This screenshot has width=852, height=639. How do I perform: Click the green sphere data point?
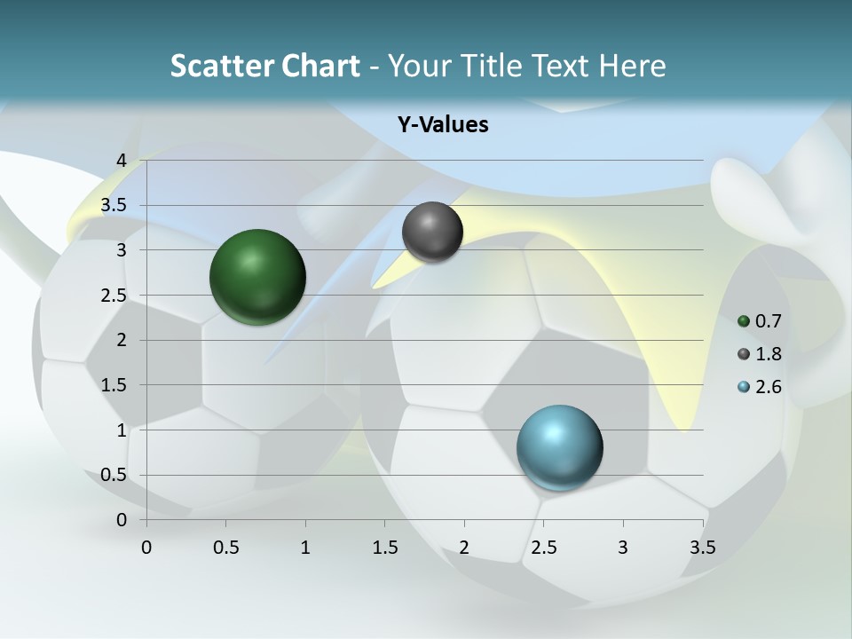[257, 277]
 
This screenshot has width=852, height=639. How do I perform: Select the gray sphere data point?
[432, 232]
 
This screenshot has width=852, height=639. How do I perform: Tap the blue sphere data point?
[559, 447]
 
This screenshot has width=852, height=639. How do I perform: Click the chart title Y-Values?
[442, 124]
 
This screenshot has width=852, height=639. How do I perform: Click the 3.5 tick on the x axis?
[702, 548]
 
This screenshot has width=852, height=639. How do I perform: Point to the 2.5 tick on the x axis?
[543, 548]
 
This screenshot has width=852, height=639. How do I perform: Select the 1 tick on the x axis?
[305, 548]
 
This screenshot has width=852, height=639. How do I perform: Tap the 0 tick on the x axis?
[146, 548]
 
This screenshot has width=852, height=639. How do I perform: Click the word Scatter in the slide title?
[219, 66]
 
